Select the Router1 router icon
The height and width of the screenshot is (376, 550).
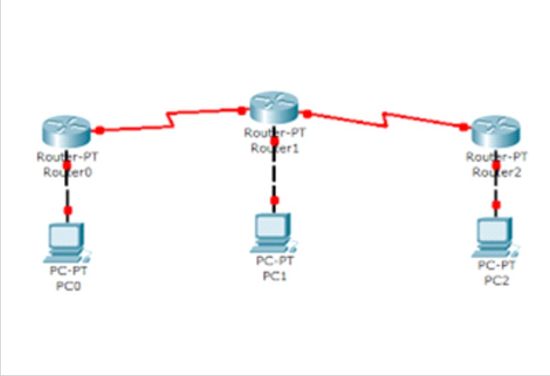tap(273, 106)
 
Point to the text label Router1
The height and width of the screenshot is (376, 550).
tap(273, 148)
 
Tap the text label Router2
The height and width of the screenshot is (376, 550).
tap(496, 172)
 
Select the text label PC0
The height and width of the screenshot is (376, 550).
tap(69, 286)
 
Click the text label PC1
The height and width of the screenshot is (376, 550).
tap(275, 275)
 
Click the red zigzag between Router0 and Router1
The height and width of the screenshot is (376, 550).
tap(170, 120)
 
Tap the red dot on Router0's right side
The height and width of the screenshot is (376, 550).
tap(100, 130)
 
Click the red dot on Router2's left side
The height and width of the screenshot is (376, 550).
tap(463, 127)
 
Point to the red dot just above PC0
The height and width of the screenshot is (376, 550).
tap(68, 209)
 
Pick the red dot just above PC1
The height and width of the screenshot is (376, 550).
tap(274, 200)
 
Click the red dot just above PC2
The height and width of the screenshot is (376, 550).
tap(497, 204)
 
